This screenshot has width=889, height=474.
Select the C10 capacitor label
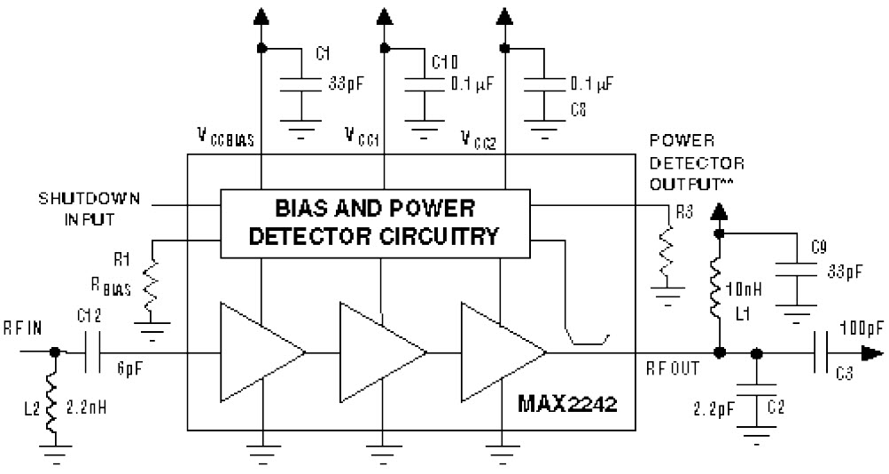445,62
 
